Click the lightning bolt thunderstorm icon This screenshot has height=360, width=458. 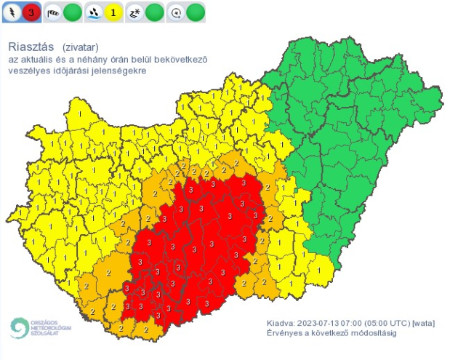(12, 12)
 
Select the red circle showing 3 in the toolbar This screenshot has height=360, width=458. (31, 12)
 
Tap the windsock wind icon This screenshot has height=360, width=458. (53, 12)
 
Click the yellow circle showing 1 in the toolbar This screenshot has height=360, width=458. (113, 12)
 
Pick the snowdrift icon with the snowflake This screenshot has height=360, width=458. (134, 12)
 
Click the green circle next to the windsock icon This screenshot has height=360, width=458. (72, 12)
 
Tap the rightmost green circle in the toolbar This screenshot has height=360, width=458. (195, 12)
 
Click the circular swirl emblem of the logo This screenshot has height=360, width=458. (17, 327)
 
